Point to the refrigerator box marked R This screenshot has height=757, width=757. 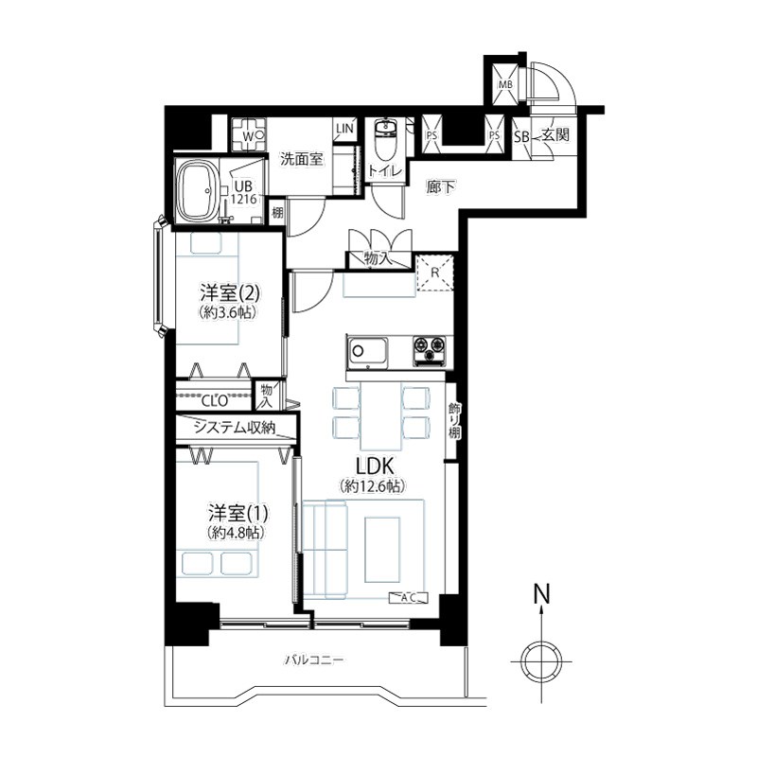click(x=434, y=273)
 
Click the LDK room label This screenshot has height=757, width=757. click(x=375, y=467)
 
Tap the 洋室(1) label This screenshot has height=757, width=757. click(x=238, y=513)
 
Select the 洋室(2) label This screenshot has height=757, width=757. click(x=231, y=293)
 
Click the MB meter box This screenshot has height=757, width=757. click(x=505, y=85)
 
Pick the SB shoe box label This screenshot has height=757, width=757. click(x=521, y=136)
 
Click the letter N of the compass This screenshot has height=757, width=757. click(x=541, y=594)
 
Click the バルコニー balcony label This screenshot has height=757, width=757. click(x=314, y=659)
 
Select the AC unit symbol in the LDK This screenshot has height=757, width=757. click(x=409, y=598)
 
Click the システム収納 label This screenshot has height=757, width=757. click(x=234, y=428)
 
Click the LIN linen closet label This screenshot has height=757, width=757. click(x=344, y=129)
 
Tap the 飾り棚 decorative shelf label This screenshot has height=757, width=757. click(x=453, y=420)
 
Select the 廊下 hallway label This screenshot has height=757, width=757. click(x=441, y=186)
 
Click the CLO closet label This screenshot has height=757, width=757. click(x=215, y=400)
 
